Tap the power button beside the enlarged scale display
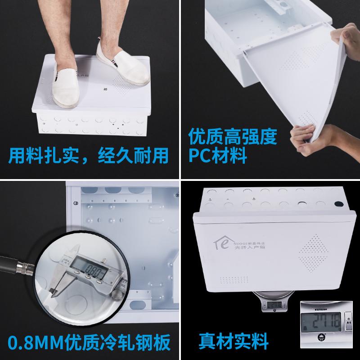tap(350, 320)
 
